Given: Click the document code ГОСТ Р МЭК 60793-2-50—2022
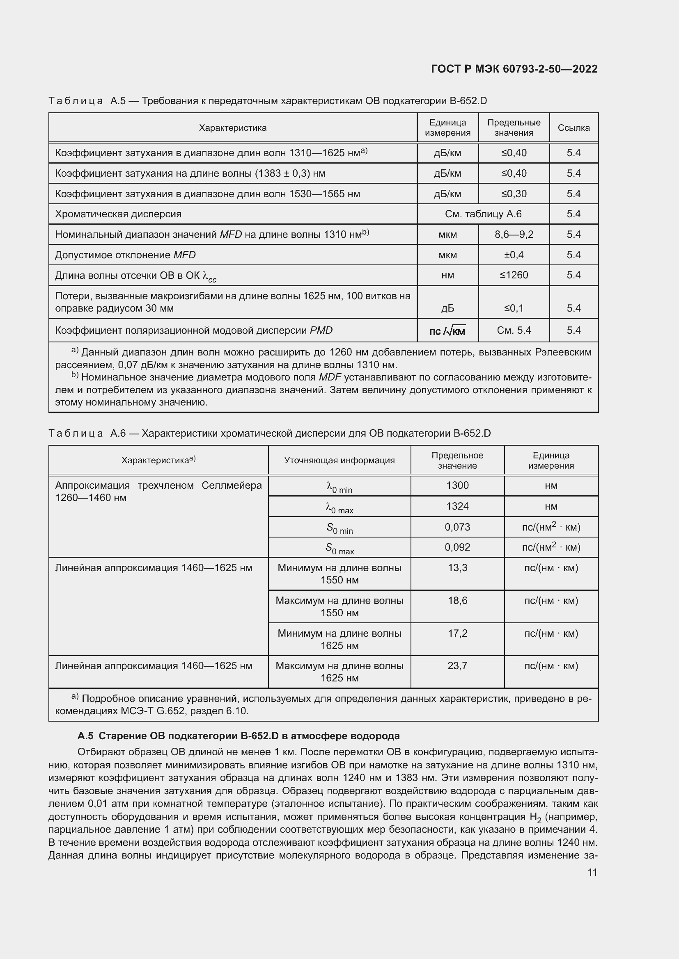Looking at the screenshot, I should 514,69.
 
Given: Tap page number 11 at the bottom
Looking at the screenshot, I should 592,872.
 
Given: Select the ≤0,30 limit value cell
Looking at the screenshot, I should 514,194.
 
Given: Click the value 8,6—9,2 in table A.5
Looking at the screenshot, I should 514,235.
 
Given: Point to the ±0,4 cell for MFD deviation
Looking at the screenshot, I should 514,255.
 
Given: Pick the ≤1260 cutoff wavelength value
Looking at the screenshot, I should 514,275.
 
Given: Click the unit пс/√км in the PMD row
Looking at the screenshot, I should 447,331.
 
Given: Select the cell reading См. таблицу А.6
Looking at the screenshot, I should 483,214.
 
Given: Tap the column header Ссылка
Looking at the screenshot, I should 573,128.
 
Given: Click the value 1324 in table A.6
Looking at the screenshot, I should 457,506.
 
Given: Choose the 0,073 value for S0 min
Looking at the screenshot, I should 457,527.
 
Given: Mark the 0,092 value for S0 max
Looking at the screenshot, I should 457,547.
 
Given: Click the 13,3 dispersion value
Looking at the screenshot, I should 457,567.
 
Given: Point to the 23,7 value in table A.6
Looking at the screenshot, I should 457,665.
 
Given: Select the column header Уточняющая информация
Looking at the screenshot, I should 339,460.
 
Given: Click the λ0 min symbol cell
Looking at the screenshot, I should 339,487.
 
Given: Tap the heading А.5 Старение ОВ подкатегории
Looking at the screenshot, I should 239,736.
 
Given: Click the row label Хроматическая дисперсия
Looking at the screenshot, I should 118,214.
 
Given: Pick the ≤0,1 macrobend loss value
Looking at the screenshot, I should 514,308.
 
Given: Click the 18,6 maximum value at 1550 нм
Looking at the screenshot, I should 457,600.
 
